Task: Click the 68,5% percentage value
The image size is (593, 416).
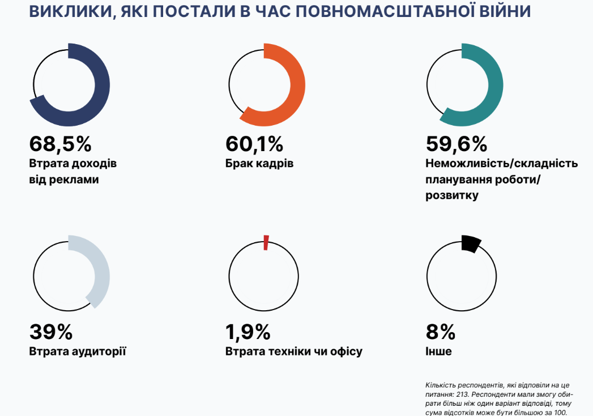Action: [x=60, y=144]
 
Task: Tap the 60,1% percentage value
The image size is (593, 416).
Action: [x=254, y=144]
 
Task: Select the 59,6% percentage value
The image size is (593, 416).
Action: [x=456, y=144]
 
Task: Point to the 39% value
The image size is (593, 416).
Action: [x=51, y=331]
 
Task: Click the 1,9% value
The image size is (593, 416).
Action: [x=248, y=331]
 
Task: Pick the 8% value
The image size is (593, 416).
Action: [x=440, y=331]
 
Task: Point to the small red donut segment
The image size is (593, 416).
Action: [x=266, y=242]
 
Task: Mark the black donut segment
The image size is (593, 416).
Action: [x=471, y=243]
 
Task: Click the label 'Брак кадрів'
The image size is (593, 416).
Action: [x=259, y=164]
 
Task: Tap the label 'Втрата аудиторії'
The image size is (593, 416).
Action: [x=78, y=351]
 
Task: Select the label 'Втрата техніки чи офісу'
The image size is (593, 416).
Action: [x=293, y=351]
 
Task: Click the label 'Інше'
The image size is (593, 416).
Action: [x=438, y=351]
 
